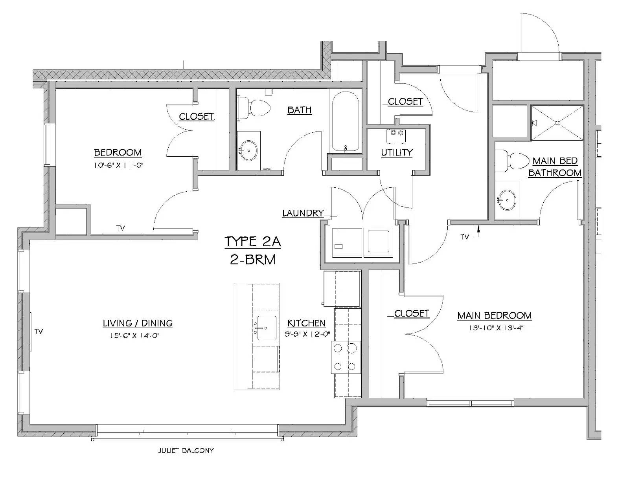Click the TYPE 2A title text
(252, 242)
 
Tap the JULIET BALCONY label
(186, 451)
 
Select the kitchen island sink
(267, 328)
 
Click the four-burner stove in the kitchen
(346, 357)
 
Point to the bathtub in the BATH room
(346, 122)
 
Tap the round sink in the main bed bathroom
(507, 200)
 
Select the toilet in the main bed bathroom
(512, 161)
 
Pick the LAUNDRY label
(303, 213)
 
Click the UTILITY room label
(397, 152)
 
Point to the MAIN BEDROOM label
(494, 315)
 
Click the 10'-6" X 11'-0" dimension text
(118, 165)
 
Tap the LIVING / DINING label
(138, 323)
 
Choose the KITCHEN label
(307, 323)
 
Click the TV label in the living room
(39, 332)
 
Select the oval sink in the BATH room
(248, 150)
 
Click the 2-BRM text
(253, 259)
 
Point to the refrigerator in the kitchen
(342, 289)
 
